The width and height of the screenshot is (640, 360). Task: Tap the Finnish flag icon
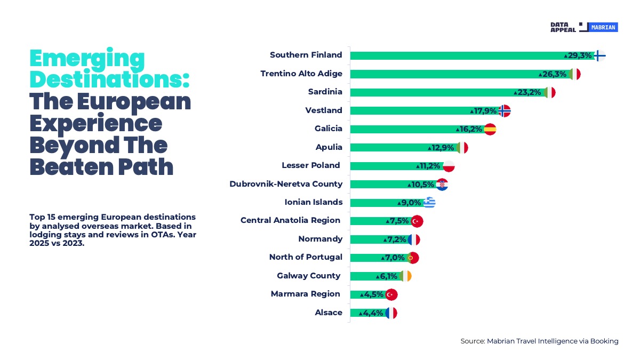pyautogui.click(x=599, y=55)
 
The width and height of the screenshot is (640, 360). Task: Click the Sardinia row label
pyautogui.click(x=325, y=92)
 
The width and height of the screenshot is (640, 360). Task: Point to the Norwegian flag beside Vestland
pyautogui.click(x=504, y=111)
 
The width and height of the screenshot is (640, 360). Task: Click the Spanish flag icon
pyautogui.click(x=490, y=129)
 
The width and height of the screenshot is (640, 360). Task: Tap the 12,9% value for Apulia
pyautogui.click(x=441, y=148)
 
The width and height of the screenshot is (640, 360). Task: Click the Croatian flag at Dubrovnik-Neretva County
pyautogui.click(x=442, y=185)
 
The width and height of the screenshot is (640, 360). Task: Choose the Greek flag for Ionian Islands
pyautogui.click(x=429, y=203)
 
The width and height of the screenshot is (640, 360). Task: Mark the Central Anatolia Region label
pyautogui.click(x=290, y=220)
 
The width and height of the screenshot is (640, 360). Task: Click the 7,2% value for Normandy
pyautogui.click(x=395, y=239)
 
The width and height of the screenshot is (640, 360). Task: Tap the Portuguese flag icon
pyautogui.click(x=413, y=258)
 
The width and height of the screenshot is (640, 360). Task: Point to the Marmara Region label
pyautogui.click(x=306, y=294)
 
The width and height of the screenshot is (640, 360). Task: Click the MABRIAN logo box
pyautogui.click(x=603, y=27)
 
